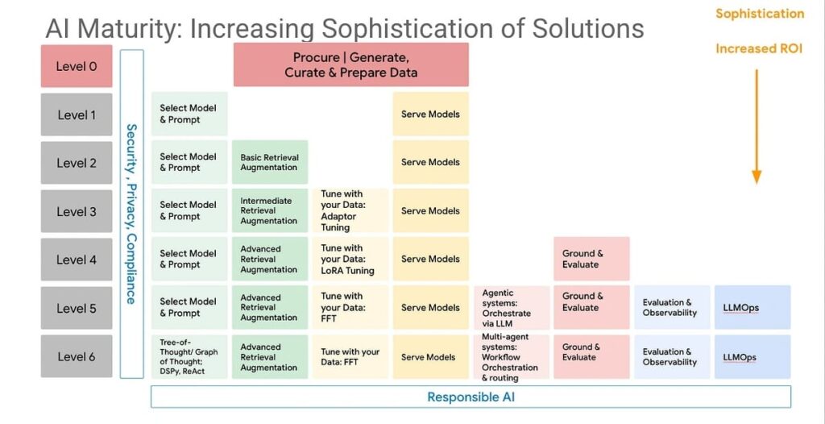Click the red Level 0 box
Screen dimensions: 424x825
pos(77,66)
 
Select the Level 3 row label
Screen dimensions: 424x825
pos(77,211)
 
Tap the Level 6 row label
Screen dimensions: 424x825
pos(77,356)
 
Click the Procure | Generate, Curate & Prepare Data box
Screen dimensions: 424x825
pos(350,65)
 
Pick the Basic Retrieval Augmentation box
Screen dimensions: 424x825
pos(269,162)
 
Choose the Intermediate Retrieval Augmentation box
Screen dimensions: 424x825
pos(269,210)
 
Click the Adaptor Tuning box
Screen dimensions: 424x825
pos(350,210)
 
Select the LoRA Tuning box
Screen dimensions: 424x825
pos(350,259)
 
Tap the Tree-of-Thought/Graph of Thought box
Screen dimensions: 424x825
pos(189,356)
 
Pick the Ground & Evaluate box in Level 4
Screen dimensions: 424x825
pos(591,259)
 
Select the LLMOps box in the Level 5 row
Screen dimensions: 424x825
pos(752,307)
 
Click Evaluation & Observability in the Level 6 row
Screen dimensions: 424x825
pos(671,356)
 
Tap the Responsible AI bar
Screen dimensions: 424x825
pos(471,397)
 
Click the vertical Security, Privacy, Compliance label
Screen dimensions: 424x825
pos(131,214)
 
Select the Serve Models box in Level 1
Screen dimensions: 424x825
pos(430,114)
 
